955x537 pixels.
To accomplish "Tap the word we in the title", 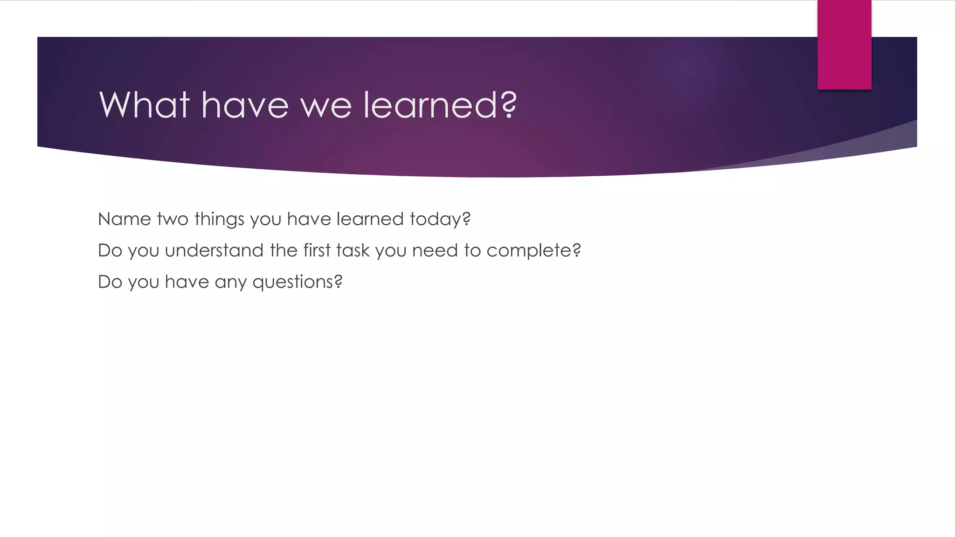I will pyautogui.click(x=325, y=105).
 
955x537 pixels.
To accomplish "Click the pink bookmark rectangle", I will pyautogui.click(x=844, y=44).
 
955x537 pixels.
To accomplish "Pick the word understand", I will pyautogui.click(x=214, y=250).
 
